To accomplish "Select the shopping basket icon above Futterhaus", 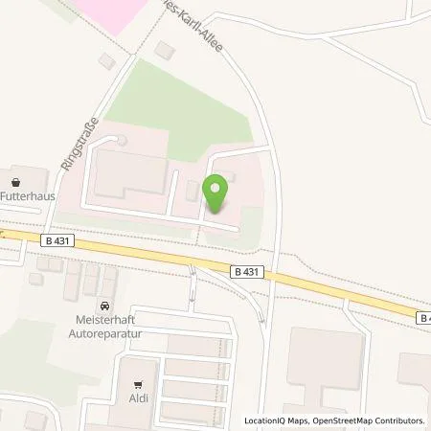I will point(16,180).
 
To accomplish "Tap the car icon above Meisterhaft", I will point(106,306).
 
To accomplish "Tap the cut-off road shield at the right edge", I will point(423,316).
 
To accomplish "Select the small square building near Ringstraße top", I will point(106,61).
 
